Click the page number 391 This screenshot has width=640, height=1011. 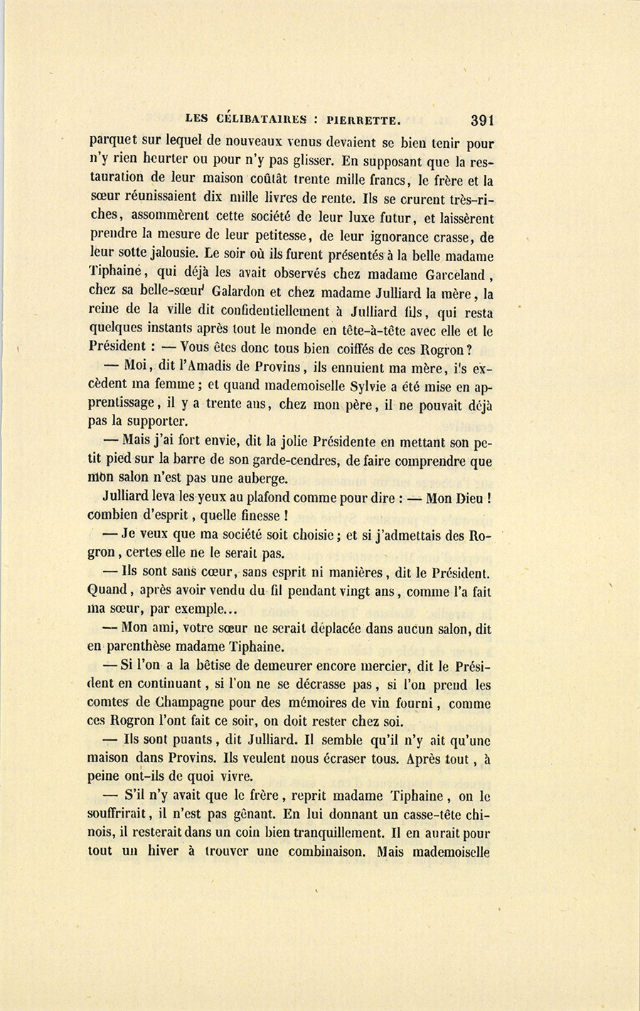tap(481, 120)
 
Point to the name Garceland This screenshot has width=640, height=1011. tap(455, 274)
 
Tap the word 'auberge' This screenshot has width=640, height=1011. tap(256, 479)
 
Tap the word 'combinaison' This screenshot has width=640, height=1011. tap(319, 851)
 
